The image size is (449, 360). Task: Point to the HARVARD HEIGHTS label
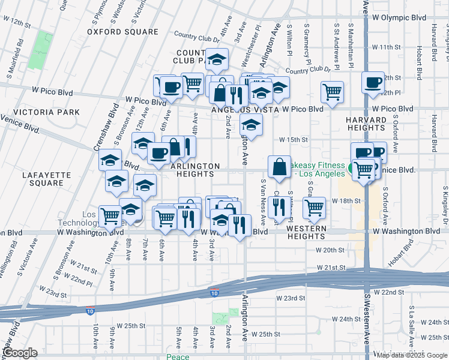(365, 124)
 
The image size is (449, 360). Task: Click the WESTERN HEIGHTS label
(306, 229)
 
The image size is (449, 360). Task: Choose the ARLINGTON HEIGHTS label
(194, 170)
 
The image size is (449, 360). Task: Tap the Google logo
(20, 353)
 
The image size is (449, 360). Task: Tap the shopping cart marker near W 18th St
(314, 207)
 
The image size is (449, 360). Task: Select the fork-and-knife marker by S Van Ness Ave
(277, 207)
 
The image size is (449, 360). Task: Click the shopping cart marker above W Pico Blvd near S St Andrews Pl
(332, 92)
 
